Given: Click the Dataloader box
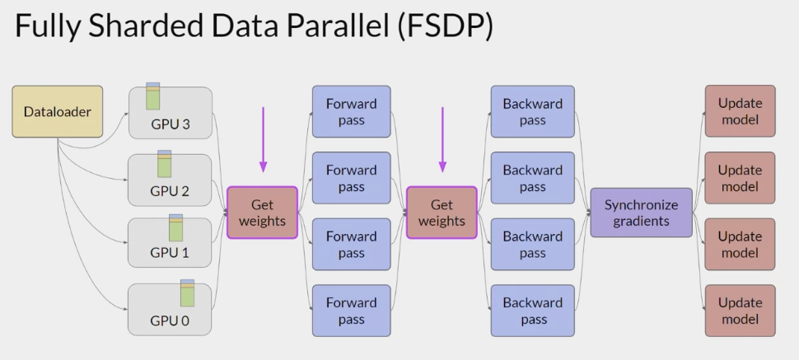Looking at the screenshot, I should [45, 111].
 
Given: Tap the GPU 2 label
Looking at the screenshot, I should [170, 191].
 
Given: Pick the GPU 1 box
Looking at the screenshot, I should [170, 243].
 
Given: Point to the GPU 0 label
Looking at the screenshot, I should [170, 320].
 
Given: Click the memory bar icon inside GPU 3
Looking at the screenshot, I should [152, 96].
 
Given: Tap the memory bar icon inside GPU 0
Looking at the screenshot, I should [187, 293].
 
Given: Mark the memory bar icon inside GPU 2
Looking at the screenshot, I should [164, 163].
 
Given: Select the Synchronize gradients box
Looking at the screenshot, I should [641, 213].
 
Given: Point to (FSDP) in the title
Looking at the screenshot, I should [446, 28].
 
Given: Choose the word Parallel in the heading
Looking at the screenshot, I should [334, 28].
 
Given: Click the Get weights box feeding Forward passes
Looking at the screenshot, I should [262, 213].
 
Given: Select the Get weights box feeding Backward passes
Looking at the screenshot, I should [442, 213].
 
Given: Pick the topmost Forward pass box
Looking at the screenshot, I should [351, 111].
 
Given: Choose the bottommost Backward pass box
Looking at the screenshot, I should [532, 311].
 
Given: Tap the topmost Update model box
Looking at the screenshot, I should [740, 111].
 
